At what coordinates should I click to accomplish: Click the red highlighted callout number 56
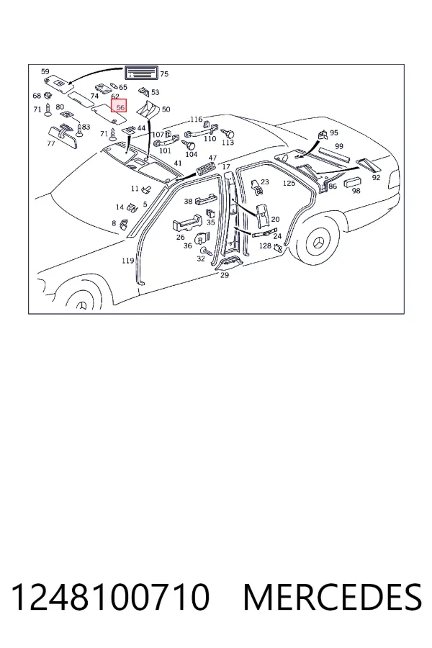pyautogui.click(x=119, y=106)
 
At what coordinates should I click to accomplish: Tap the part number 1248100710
pyautogui.click(x=110, y=597)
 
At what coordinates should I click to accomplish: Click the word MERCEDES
pyautogui.click(x=333, y=597)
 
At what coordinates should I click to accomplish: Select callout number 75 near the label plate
pyautogui.click(x=164, y=74)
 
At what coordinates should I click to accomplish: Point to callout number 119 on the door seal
pyautogui.click(x=127, y=261)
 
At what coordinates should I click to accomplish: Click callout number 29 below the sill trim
pyautogui.click(x=225, y=275)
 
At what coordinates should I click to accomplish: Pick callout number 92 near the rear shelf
pyautogui.click(x=376, y=178)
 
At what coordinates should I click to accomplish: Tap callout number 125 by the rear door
pyautogui.click(x=289, y=183)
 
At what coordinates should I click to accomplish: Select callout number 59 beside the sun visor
pyautogui.click(x=45, y=71)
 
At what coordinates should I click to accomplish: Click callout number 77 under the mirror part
pyautogui.click(x=51, y=144)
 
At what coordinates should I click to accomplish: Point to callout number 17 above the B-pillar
pyautogui.click(x=226, y=167)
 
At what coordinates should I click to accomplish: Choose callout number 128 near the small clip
pyautogui.click(x=265, y=246)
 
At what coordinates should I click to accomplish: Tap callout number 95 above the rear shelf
pyautogui.click(x=333, y=132)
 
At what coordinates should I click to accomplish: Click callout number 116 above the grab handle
pyautogui.click(x=197, y=120)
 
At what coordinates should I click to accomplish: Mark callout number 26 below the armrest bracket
pyautogui.click(x=180, y=237)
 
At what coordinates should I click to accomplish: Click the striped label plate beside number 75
pyautogui.click(x=141, y=73)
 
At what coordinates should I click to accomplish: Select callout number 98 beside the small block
pyautogui.click(x=356, y=191)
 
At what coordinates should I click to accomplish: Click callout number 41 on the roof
pyautogui.click(x=178, y=163)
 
